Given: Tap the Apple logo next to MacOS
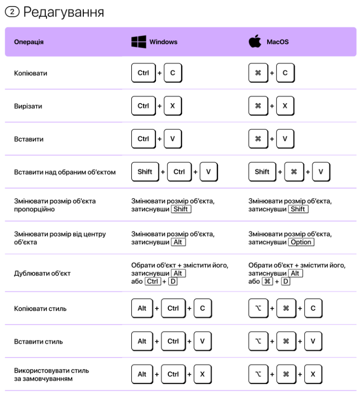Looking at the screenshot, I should coord(255,41).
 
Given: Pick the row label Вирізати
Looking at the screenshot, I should coord(28,106).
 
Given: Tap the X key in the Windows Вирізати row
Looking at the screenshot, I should coord(172,106).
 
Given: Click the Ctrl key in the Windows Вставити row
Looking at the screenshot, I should coord(143,138).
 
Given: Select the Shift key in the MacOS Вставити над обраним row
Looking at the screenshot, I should coord(262,171).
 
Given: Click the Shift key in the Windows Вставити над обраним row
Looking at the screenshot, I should coord(145,171).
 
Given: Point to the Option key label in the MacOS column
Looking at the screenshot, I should coord(301,242).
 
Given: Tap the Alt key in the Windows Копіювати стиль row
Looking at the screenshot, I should coord(142,308).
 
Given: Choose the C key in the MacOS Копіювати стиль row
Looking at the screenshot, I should coord(312,308).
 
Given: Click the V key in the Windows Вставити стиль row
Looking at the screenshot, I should coord(202,341).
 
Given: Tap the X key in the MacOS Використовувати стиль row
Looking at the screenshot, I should coord(312,374).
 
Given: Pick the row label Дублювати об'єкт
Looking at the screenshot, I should coord(37,274).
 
